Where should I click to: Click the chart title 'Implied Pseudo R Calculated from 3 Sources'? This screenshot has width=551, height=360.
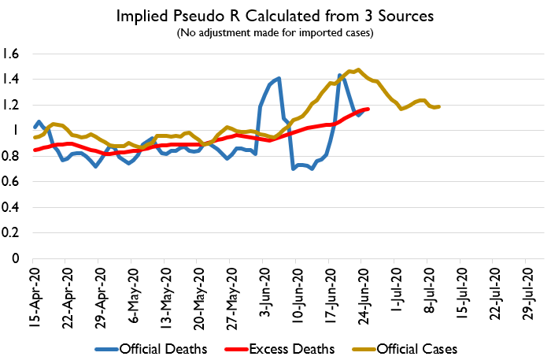[x=275, y=17]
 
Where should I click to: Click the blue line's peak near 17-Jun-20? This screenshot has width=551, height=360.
[x=340, y=75]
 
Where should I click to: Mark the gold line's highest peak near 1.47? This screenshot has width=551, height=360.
[x=359, y=69]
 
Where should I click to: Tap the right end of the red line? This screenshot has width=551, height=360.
[x=368, y=109]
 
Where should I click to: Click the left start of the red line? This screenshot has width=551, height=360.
[x=34, y=150]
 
